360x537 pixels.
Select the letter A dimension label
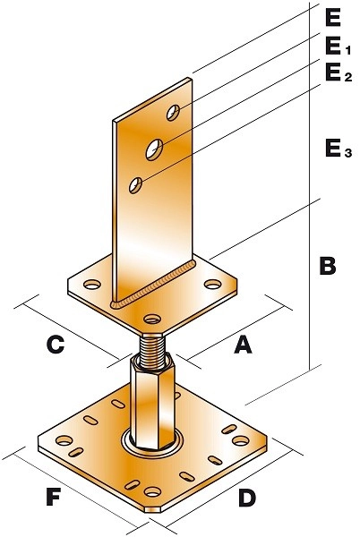(242, 344)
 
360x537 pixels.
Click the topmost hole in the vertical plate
(172, 113)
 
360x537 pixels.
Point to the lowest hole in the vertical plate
(135, 185)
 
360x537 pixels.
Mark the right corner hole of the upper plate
(212, 285)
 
